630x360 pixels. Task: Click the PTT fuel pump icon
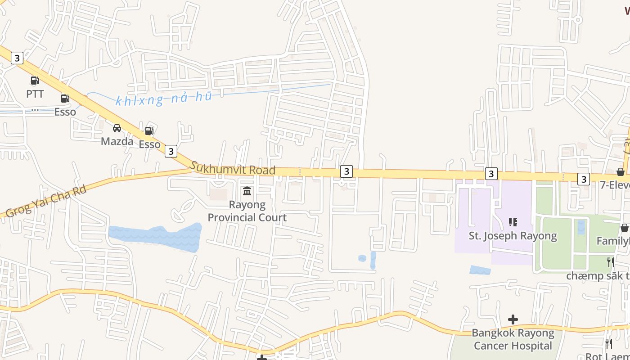pos(35,81)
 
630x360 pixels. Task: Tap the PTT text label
pos(35,94)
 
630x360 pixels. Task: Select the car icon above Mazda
pos(117,128)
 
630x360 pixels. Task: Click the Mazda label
pos(117,141)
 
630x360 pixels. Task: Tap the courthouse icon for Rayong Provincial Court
pos(247,191)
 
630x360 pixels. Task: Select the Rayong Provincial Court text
pos(247,211)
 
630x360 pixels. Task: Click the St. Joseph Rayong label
pos(513,236)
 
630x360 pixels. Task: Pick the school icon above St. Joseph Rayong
pos(513,222)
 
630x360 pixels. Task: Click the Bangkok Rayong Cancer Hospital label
pos(513,339)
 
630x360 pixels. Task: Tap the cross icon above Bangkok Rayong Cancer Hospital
pos(513,319)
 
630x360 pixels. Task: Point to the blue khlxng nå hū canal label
pos(163,99)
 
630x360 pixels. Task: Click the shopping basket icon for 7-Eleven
pos(620,172)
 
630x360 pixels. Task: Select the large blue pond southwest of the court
pos(155,237)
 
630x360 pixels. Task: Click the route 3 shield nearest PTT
pos(17,58)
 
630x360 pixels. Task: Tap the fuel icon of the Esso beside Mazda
pos(149,131)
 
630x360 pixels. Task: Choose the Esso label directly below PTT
pos(65,112)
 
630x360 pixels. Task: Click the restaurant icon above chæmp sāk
pos(610,262)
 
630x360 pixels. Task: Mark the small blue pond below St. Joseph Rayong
pos(480,270)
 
